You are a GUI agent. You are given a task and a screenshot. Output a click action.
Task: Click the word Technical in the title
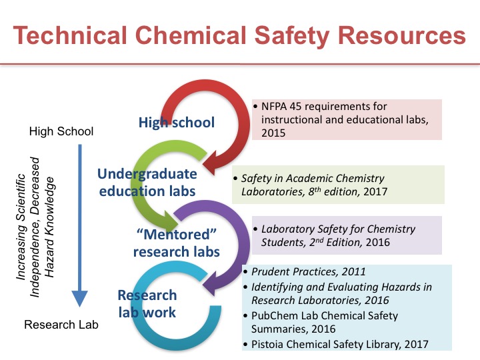point(70,35)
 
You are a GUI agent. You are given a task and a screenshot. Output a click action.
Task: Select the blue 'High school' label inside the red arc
point(176,123)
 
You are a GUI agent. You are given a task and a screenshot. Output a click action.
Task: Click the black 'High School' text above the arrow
point(61,131)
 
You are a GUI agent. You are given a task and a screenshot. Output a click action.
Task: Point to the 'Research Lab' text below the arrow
point(61,325)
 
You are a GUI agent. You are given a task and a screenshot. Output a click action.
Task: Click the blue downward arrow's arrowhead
point(79,298)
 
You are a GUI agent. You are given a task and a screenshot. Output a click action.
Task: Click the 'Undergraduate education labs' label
point(147,183)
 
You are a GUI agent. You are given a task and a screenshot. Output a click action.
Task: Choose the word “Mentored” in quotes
point(176,235)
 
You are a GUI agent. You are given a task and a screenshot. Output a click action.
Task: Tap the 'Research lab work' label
point(147,304)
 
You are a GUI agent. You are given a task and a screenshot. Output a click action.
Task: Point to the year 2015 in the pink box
point(273,133)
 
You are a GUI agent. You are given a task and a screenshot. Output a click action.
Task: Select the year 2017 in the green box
point(375,191)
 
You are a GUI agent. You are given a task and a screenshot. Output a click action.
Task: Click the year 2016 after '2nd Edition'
point(378,243)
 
